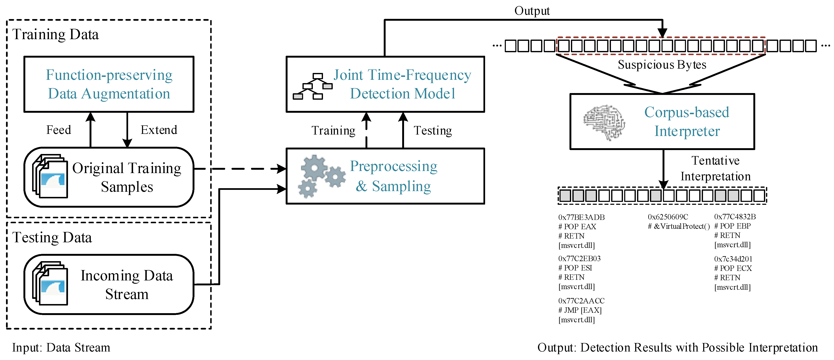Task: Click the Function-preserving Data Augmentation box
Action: coord(109,84)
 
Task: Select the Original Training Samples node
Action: coord(109,177)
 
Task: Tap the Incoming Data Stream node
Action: coord(109,284)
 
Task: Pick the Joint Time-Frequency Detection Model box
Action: coord(385,84)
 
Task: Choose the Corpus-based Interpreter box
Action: coord(662,122)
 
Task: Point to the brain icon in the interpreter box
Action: coord(604,122)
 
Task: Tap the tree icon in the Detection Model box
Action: coord(312,86)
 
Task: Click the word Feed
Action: coord(59,130)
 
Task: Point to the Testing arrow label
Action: coord(433,131)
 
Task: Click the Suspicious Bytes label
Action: coord(662,65)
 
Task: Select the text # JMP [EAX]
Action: coord(580,310)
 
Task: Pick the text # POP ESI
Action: coord(575,268)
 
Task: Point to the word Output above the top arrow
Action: coord(532,11)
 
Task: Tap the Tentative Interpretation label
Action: coord(715,168)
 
